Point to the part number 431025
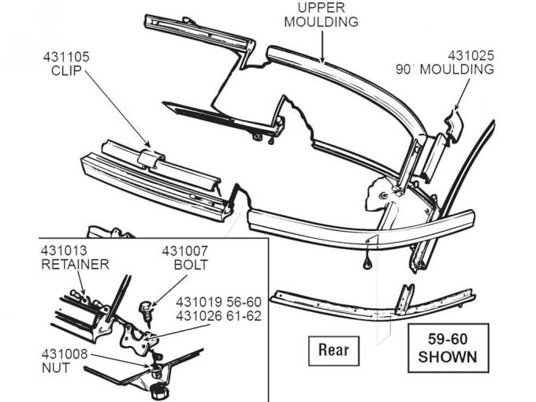[x=471, y=55]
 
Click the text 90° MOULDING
[x=445, y=69]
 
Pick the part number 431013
[x=66, y=251]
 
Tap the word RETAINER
[x=75, y=264]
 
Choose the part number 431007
[x=187, y=251]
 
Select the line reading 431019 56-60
[x=218, y=302]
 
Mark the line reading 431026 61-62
[x=218, y=316]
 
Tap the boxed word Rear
[x=333, y=348]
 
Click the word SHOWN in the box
[x=448, y=356]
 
